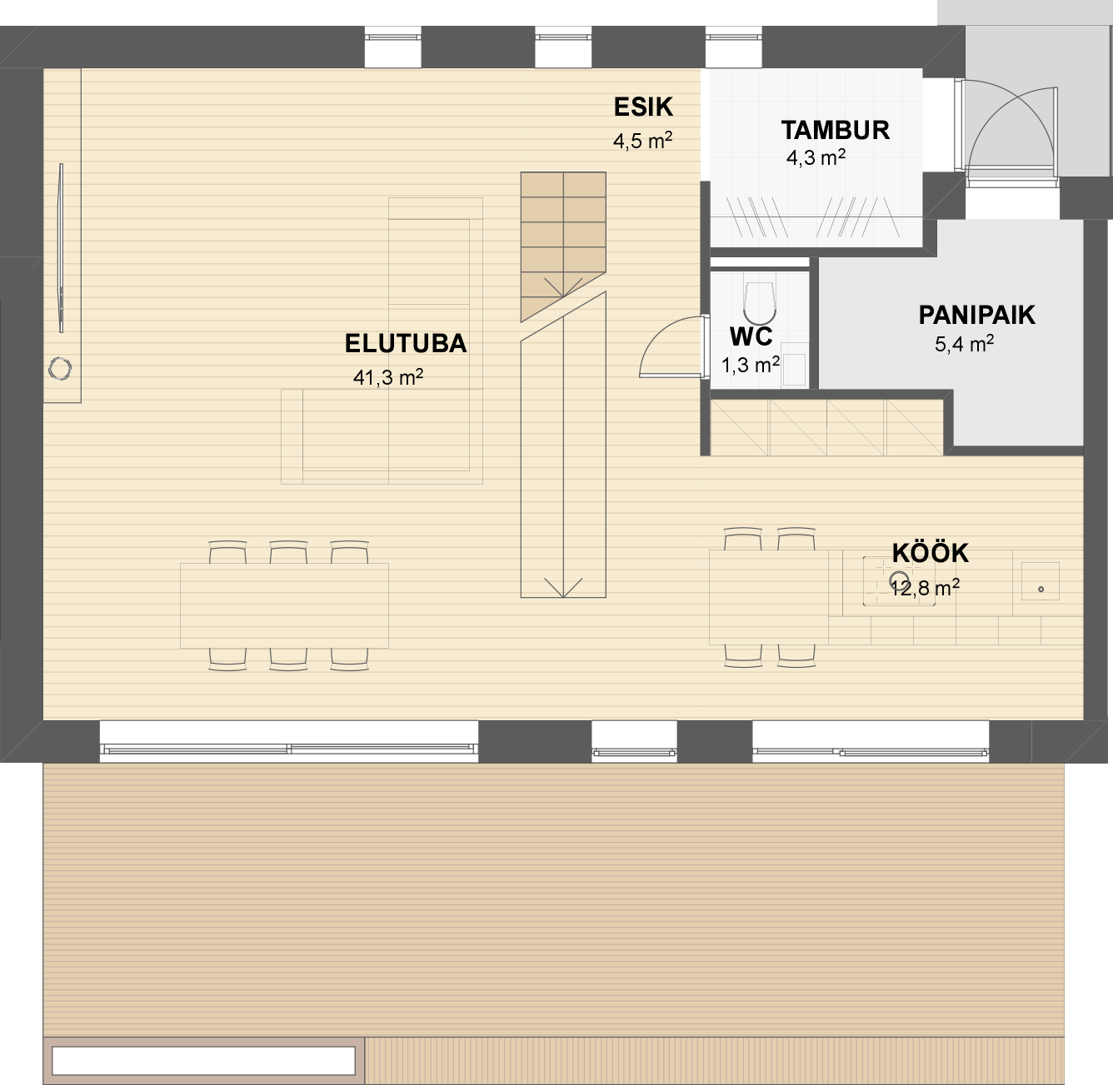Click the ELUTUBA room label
406,344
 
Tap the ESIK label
643,107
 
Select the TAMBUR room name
835,131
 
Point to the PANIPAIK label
977,315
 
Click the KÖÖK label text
931,553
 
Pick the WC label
751,336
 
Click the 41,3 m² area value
387,377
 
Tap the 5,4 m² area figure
965,344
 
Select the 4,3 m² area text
816,157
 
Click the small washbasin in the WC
795,369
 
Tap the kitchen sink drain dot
1041,589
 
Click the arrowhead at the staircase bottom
563,589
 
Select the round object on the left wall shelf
60,369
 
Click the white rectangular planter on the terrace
203,1060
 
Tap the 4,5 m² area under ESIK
642,141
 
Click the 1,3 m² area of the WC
751,365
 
